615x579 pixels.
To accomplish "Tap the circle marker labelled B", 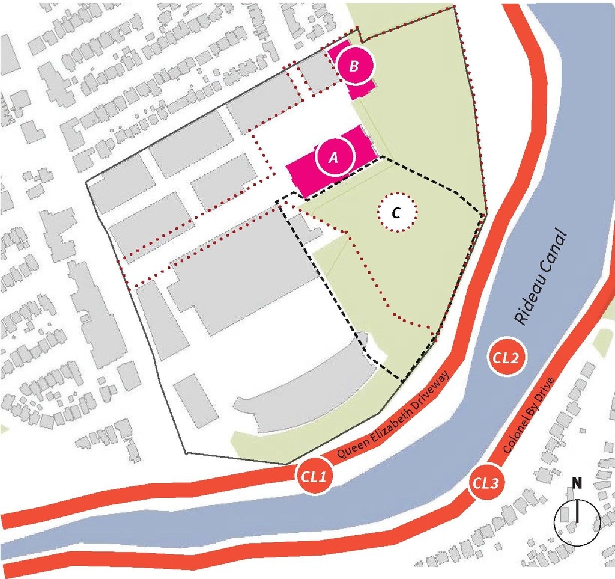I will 354,66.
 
